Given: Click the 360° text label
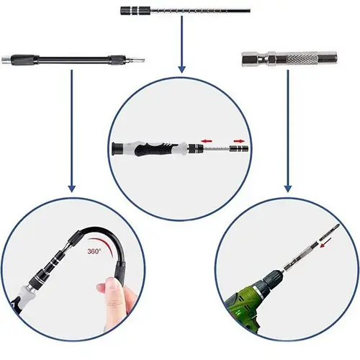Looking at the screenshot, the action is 94,251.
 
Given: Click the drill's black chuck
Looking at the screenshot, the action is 273,279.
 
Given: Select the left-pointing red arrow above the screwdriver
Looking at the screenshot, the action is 207,141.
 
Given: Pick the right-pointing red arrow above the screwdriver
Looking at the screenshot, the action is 239,141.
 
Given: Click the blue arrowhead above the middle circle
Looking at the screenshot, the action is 181,70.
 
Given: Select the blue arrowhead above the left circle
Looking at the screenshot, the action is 71,189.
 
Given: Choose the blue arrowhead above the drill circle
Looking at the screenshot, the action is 288,189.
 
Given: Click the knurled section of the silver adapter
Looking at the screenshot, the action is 300,59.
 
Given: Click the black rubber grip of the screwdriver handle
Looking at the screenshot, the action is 156,148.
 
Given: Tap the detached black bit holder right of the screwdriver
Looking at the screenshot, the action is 238,148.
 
